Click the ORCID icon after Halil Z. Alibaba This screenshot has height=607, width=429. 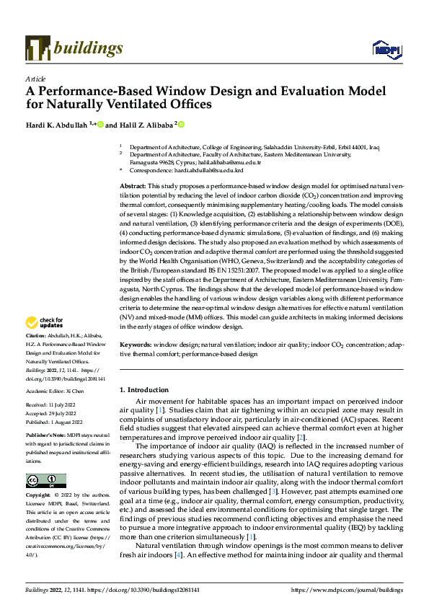pos(181,124)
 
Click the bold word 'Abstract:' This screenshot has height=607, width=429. pos(134,186)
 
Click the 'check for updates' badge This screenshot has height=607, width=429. pos(46,323)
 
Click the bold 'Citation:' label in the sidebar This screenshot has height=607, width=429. pos(36,337)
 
